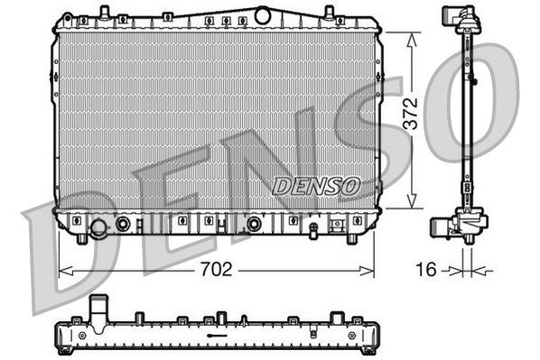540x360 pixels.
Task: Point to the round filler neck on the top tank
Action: pyautogui.click(x=263, y=14)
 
